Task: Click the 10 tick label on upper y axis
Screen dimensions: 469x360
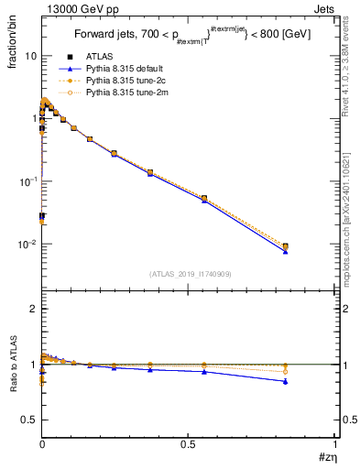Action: click(x=30, y=56)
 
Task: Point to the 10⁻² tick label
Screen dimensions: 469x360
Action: click(x=27, y=245)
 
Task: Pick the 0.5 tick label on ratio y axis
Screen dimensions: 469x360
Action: click(x=30, y=420)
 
